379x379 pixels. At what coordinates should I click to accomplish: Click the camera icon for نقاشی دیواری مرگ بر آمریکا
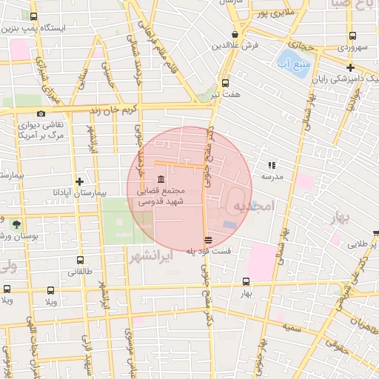[x=41, y=113]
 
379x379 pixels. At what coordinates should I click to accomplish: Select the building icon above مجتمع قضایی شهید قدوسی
[x=161, y=180]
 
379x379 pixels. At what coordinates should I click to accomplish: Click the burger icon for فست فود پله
[x=208, y=240]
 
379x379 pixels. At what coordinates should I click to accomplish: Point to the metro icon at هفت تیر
[x=225, y=83]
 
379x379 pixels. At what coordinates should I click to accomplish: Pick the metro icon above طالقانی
[x=80, y=261]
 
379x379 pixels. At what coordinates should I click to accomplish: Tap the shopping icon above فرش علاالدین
[x=235, y=34]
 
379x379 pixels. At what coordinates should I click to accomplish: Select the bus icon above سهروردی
[x=353, y=36]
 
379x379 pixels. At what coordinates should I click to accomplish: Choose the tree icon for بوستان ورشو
[x=16, y=224]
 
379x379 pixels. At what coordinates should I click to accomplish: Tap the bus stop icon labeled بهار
[x=246, y=282]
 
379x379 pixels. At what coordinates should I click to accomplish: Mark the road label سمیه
[x=291, y=326]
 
